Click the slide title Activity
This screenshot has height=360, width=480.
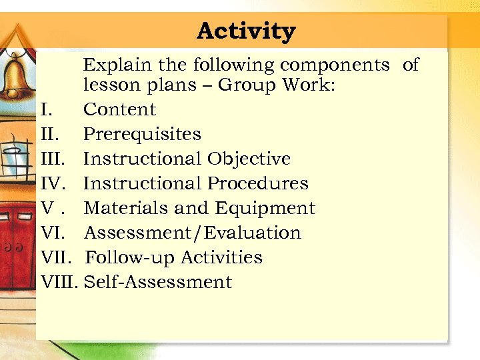coord(246,31)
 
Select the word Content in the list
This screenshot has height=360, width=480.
coord(119,109)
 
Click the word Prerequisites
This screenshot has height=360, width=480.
coord(142,134)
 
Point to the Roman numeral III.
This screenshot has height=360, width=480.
coord(53,159)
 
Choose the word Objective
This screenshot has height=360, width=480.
coord(249,159)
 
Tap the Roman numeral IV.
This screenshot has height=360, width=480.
coord(53,183)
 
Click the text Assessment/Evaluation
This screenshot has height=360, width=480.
coord(193,233)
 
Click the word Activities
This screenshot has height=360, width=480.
coord(221,257)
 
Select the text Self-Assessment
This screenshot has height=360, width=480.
coord(159,282)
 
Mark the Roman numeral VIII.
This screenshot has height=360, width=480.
coord(60,282)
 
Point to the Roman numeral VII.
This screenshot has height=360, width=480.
coord(57,257)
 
